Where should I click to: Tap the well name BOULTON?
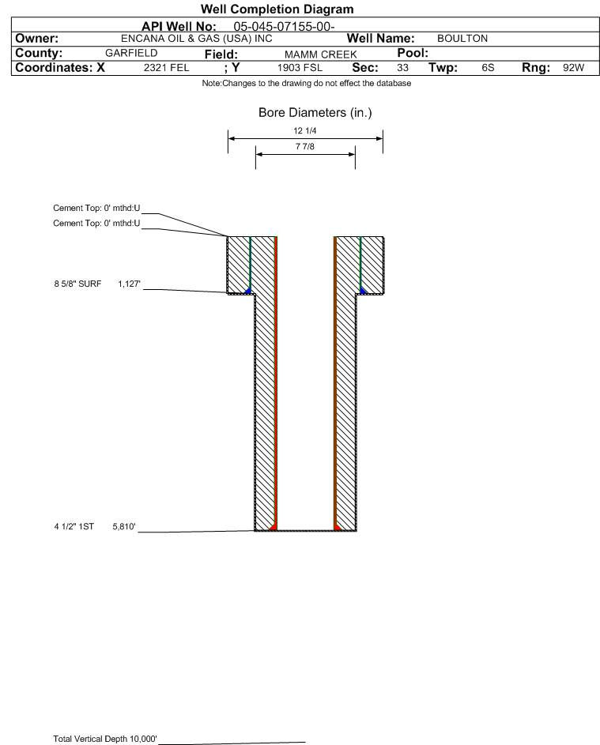[x=462, y=38]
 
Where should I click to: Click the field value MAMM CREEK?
[x=315, y=54]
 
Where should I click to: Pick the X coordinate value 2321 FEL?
[x=166, y=68]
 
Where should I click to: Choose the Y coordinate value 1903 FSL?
[x=300, y=68]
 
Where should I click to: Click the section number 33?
[x=402, y=68]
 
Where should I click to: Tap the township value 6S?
[x=488, y=68]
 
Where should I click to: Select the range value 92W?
[x=573, y=68]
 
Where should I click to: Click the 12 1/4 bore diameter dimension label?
[x=305, y=130]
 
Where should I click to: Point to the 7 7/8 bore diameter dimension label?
[x=305, y=146]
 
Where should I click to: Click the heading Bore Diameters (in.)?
[x=315, y=113]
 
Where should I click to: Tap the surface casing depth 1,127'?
[x=129, y=283]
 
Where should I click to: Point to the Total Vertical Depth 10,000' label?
[x=105, y=739]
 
